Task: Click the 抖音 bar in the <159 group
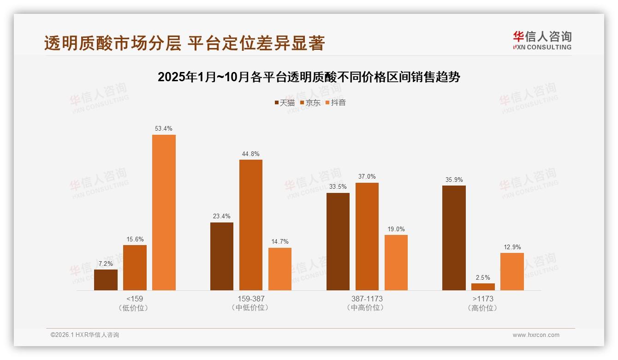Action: coord(164,212)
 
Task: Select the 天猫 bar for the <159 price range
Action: coord(106,280)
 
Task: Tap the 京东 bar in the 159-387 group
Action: coord(250,225)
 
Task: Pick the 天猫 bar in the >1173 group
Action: coord(454,238)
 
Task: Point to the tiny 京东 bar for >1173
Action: coord(483,287)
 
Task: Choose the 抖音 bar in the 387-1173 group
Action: coord(396,262)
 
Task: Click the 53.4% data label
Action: coord(164,129)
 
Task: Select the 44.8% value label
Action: coord(250,154)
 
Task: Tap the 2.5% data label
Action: coord(483,277)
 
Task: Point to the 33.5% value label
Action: coord(338,187)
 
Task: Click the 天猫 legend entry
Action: coord(285,102)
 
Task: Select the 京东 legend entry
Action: coord(310,102)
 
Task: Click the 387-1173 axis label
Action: coord(367,299)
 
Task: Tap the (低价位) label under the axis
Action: coord(134,307)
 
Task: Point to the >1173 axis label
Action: coord(483,299)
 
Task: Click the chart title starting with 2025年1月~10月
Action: coord(309,77)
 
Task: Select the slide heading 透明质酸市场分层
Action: coord(184,43)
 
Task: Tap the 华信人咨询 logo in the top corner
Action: coord(542,40)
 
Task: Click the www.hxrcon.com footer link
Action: coord(536,335)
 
